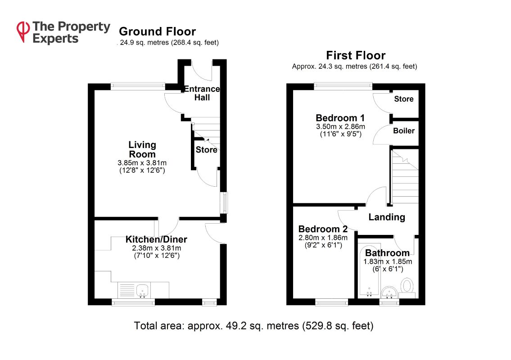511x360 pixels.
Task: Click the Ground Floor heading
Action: [158, 31]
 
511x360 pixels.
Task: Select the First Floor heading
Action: [356, 55]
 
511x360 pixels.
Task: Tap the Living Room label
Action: [142, 149]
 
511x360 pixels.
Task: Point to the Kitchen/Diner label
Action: [156, 239]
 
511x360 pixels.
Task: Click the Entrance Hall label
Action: [202, 93]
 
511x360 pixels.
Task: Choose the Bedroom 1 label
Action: [340, 117]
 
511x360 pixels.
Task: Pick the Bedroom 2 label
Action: [323, 229]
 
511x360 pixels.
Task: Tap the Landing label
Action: [387, 217]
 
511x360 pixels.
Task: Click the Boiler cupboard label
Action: [404, 130]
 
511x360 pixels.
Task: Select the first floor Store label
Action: [404, 99]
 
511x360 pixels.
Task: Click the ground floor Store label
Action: [206, 150]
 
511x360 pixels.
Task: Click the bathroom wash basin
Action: [389, 292]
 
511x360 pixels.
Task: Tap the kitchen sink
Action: [142, 290]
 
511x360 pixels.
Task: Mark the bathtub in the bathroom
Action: [369, 270]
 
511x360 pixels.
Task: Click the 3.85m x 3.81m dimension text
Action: [142, 162]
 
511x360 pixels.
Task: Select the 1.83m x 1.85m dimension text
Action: [388, 261]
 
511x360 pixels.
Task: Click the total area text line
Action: [253, 326]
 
